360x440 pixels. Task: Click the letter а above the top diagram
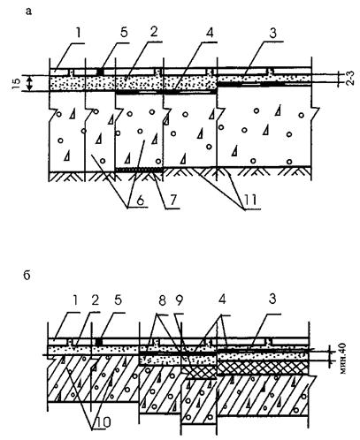pos(28,11)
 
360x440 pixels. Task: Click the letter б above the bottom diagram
pos(27,276)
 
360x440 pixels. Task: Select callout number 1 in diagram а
pos(78,34)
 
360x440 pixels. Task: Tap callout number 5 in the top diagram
pos(124,33)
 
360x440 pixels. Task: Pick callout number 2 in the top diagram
pos(154,33)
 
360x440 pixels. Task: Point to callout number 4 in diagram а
pos(210,34)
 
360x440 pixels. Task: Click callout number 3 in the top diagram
pos(273,34)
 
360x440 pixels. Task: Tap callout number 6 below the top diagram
pos(140,201)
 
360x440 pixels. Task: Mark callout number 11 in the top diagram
pos(249,201)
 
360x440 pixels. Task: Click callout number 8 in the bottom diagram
pos(162,300)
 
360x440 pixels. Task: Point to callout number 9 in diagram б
pos(179,300)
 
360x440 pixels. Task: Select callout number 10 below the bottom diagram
pos(102,423)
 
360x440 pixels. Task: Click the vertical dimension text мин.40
pos(343,358)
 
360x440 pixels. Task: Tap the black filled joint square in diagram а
pos(101,72)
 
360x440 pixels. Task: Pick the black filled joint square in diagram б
pos(99,342)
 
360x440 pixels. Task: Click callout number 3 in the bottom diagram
pos(272,299)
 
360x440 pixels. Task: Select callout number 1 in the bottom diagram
pos(75,300)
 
